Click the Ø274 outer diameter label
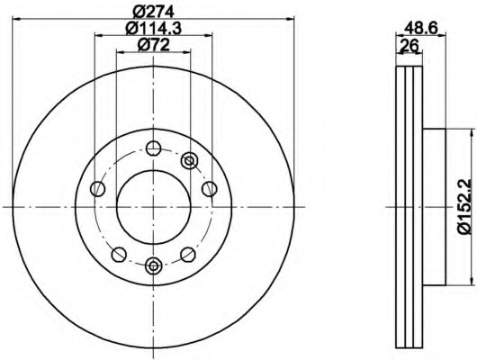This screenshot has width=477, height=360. [154, 12]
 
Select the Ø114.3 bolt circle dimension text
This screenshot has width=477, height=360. [154, 29]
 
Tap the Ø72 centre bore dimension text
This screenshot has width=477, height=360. [154, 45]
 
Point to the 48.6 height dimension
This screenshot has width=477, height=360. [420, 29]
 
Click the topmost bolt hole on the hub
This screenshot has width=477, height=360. [153, 148]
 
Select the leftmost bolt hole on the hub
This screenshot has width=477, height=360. [98, 189]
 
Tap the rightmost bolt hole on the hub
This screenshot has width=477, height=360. [210, 189]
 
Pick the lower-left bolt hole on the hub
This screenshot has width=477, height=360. [119, 255]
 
